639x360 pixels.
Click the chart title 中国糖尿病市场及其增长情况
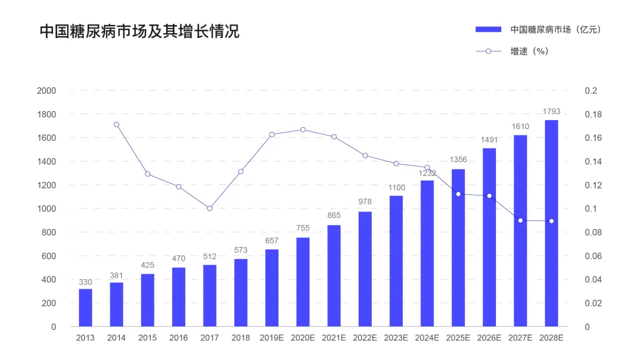point(140,31)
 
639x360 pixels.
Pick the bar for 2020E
point(303,282)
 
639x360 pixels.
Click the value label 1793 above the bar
point(551,111)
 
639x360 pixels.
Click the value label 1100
point(396,188)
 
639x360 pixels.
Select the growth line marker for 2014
point(116,125)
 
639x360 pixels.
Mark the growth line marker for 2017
point(210,209)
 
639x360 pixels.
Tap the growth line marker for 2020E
point(303,130)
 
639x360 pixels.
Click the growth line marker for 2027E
point(520,220)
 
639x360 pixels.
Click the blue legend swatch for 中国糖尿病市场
point(489,29)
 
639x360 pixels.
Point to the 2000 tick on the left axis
point(46,91)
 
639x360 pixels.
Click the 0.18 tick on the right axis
point(593,114)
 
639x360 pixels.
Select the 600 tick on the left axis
point(49,256)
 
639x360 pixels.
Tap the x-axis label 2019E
point(272,338)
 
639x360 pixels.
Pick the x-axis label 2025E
point(458,338)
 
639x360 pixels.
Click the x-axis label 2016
point(178,338)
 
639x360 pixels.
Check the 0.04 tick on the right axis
point(593,280)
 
